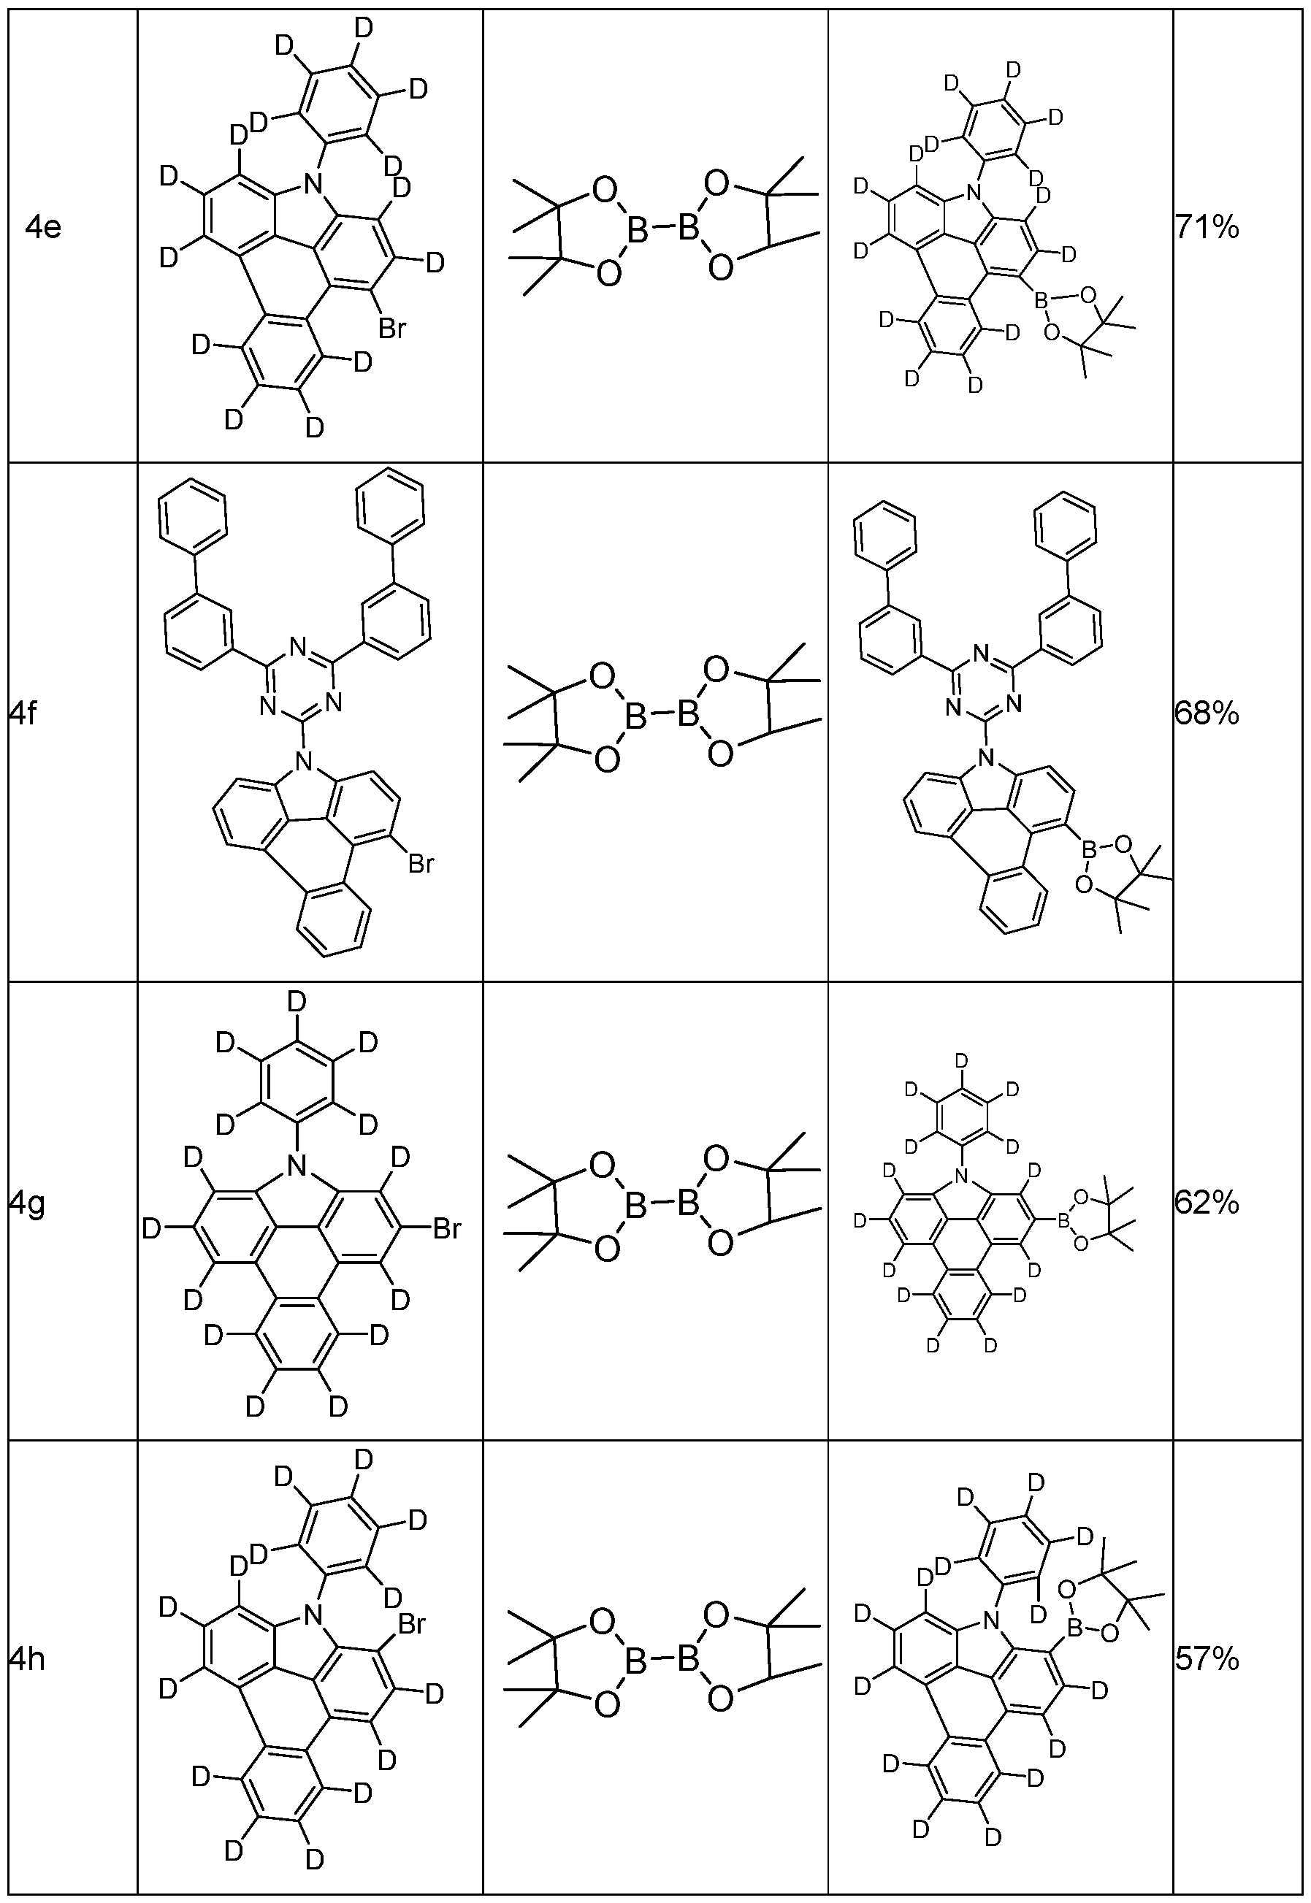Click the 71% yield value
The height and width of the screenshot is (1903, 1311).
click(1207, 228)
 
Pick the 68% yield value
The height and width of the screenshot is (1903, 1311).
click(1207, 716)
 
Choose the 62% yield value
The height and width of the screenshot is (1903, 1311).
click(1207, 1204)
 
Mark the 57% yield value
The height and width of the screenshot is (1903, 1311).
click(1207, 1660)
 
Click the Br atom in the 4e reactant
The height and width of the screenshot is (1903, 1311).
click(391, 329)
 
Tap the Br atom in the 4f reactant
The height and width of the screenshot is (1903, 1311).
click(421, 863)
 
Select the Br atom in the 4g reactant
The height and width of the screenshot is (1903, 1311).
click(447, 1230)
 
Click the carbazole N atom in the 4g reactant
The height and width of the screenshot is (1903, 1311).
click(297, 1165)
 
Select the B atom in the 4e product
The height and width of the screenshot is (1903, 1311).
click(1041, 303)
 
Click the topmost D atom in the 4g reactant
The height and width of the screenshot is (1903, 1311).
click(296, 1003)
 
